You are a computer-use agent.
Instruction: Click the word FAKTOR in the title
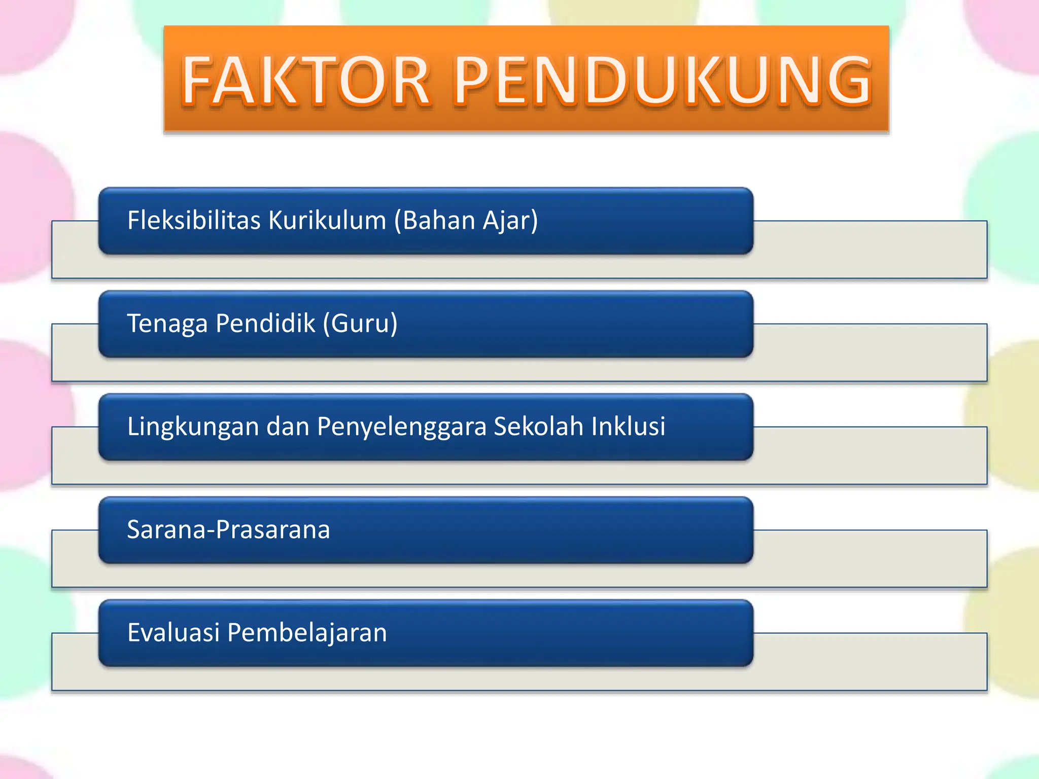pos(306,81)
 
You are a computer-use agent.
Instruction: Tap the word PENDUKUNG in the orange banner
pos(663,81)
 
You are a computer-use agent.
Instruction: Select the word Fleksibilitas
pos(194,220)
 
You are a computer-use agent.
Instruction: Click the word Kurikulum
pos(327,220)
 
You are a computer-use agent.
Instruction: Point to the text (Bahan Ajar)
pos(466,221)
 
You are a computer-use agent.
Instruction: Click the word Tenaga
pos(167,324)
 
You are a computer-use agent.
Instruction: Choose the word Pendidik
pos(265,323)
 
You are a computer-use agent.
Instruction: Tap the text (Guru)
pos(361,324)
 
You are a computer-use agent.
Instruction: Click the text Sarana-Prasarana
pos(228,529)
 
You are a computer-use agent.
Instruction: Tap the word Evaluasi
pos(174,632)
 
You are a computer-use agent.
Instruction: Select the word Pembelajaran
pos(307,633)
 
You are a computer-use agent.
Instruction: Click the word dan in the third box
pos(288,426)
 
